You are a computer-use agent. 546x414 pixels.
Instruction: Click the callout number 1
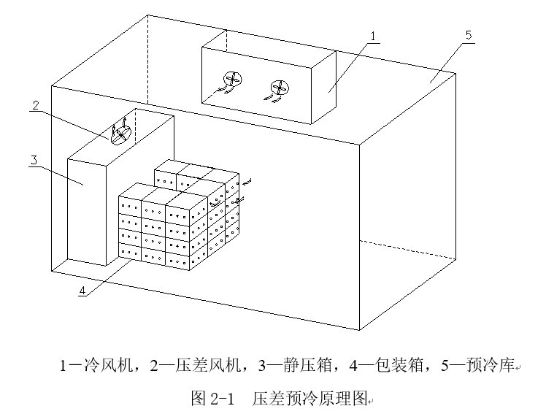(x=372, y=35)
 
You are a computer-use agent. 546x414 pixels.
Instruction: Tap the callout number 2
(x=35, y=105)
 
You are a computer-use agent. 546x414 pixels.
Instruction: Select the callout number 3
(x=34, y=160)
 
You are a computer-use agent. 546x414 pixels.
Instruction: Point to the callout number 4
(x=82, y=290)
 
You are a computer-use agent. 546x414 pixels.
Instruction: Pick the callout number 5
(x=468, y=35)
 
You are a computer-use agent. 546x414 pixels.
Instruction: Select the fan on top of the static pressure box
(x=121, y=134)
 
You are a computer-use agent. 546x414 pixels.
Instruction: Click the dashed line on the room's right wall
(x=409, y=250)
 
